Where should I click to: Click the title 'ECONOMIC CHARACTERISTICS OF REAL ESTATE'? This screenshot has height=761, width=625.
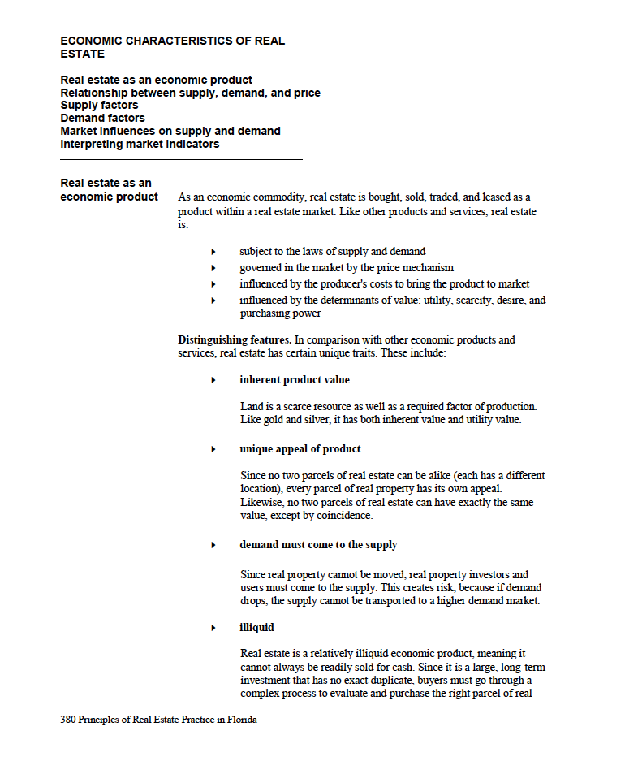(x=172, y=47)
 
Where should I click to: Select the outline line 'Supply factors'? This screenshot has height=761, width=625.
(x=99, y=106)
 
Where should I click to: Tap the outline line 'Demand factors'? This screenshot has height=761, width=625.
(x=102, y=119)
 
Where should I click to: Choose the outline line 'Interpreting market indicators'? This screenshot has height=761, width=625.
(x=140, y=145)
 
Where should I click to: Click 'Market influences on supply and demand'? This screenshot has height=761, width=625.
(x=170, y=132)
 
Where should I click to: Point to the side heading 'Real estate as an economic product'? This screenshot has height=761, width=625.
(x=109, y=190)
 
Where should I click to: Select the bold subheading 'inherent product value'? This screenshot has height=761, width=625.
(x=295, y=380)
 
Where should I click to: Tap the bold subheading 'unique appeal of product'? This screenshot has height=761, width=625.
(x=300, y=449)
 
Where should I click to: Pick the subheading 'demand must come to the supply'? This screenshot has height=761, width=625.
(x=318, y=545)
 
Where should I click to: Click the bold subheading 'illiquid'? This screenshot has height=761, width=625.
(x=256, y=628)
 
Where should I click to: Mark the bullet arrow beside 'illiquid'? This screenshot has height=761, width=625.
(x=213, y=628)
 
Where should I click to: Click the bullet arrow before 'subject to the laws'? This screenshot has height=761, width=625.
(x=213, y=252)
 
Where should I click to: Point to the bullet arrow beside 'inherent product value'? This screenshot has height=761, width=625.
(x=213, y=380)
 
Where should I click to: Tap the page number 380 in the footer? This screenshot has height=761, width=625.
(x=68, y=720)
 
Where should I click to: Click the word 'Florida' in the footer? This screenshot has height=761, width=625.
(x=241, y=720)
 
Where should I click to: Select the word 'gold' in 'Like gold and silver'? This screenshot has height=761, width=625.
(x=274, y=421)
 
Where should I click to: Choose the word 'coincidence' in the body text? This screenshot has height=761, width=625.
(x=345, y=516)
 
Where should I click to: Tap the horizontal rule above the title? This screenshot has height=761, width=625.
(x=181, y=24)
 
